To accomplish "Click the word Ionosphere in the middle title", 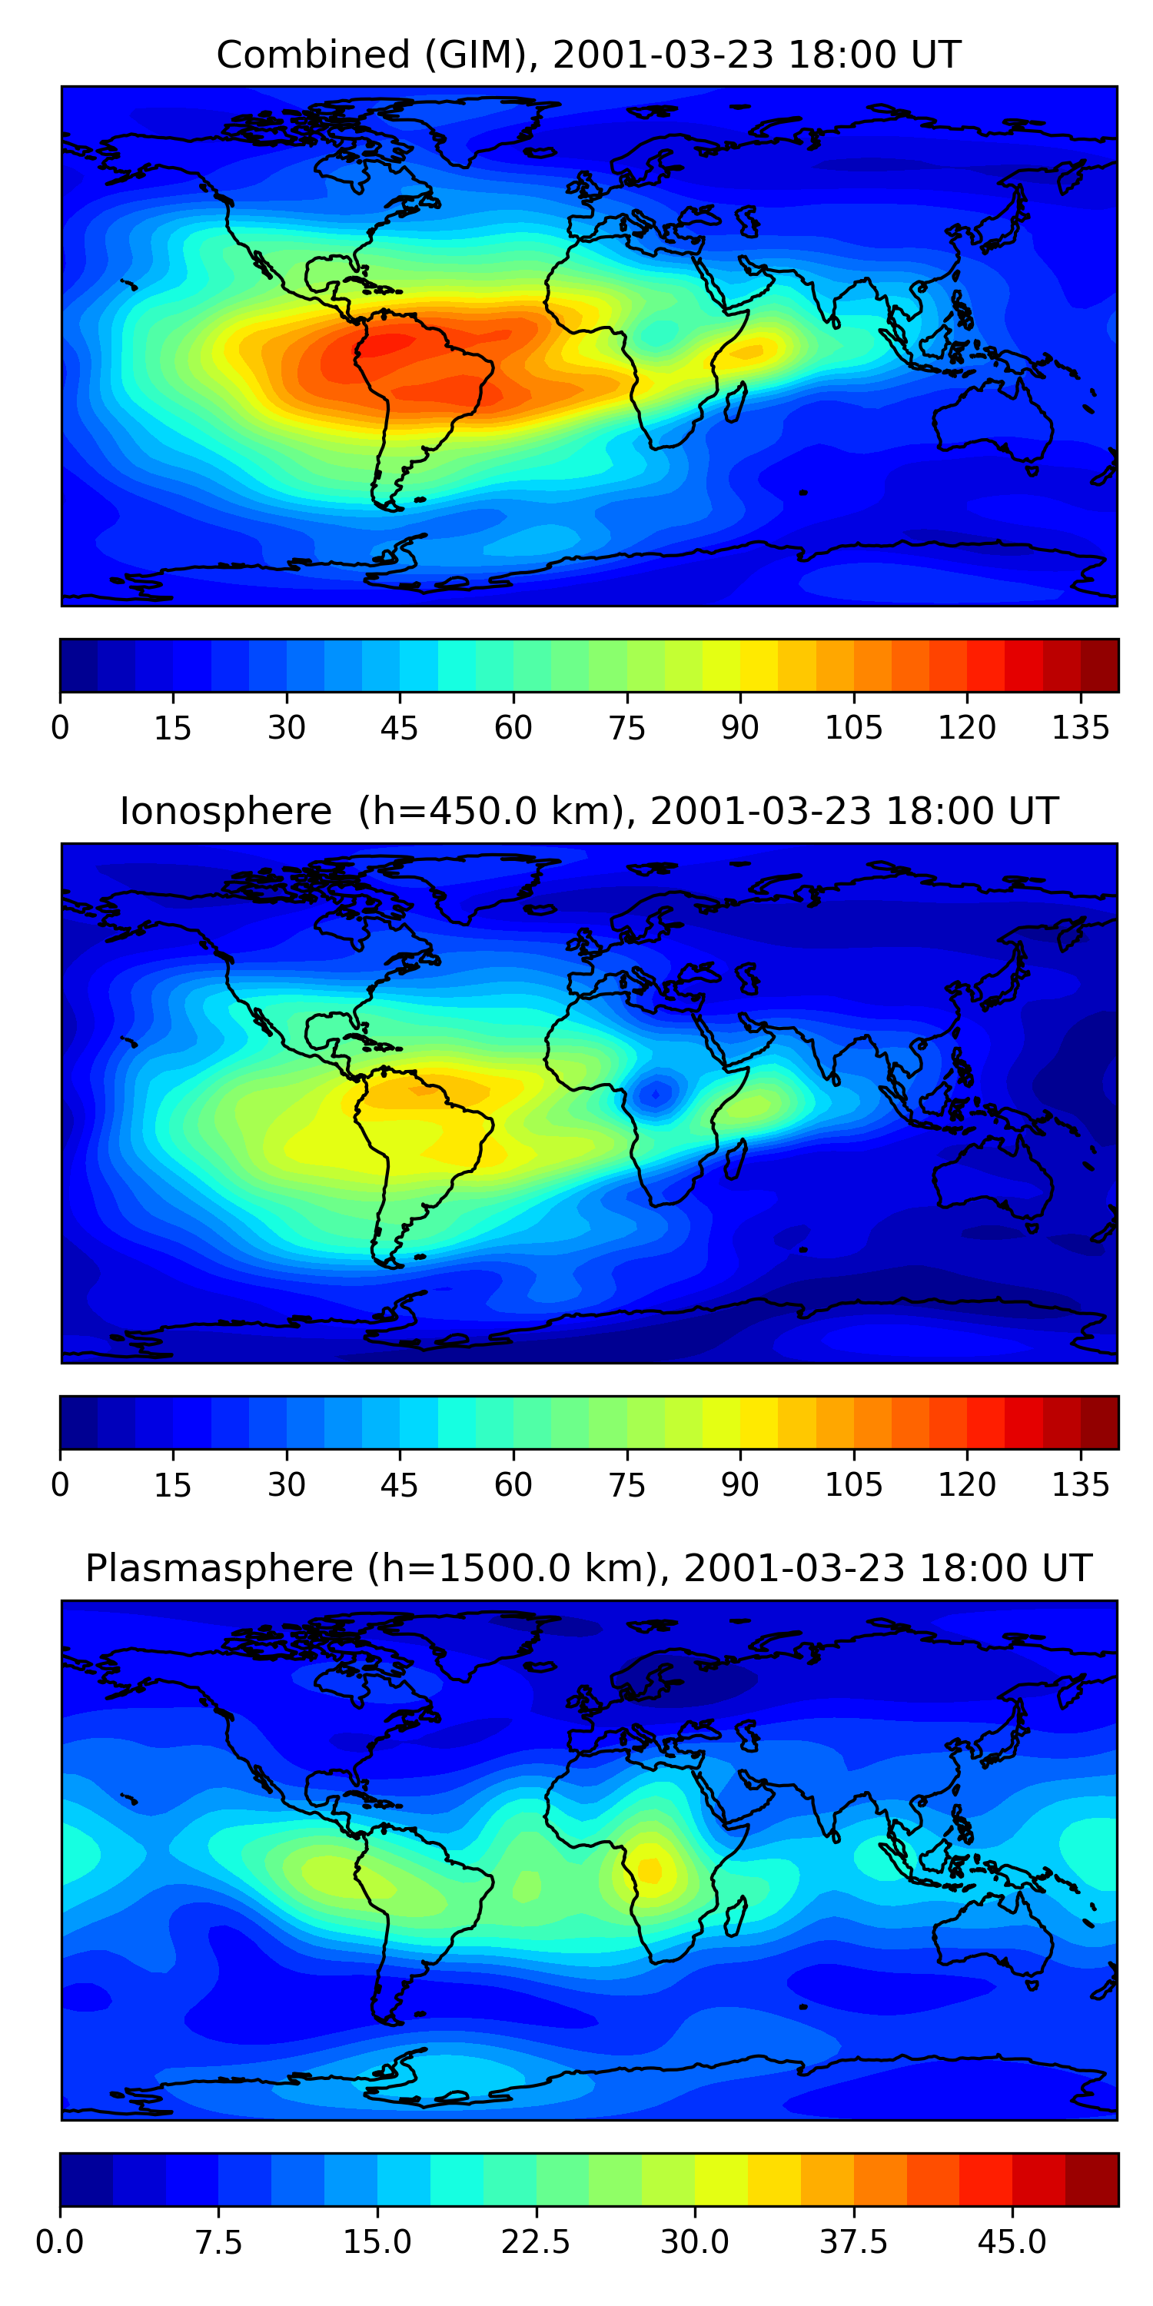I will pos(225,811).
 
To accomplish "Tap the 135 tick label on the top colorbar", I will pos(1081,728).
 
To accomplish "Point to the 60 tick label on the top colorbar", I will pos(513,728).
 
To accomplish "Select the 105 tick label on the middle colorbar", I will pos(853,1485).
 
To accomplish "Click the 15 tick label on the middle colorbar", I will pos(173,1485).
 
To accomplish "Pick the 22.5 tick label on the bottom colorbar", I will pos(535,2241).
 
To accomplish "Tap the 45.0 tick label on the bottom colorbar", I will pos(1012,2241).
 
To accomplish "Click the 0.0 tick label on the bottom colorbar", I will pos(60,2241).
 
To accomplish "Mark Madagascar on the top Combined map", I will pos(735,402).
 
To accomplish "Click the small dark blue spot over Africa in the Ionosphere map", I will pos(657,1093).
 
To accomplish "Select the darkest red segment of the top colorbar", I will pos(1099,665).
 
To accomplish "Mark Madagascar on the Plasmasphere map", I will pos(735,1916).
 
